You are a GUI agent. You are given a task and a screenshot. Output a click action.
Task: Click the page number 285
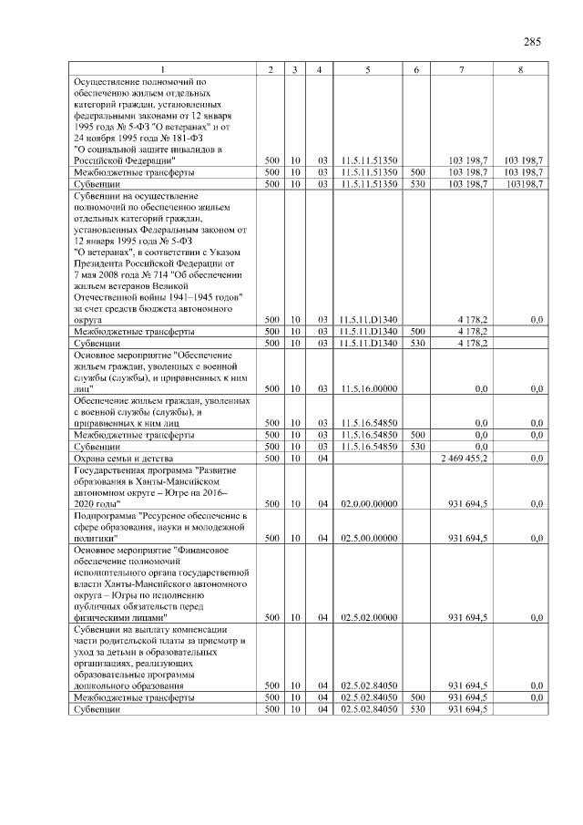click(x=533, y=41)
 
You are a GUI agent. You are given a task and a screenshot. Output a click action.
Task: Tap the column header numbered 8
click(x=519, y=70)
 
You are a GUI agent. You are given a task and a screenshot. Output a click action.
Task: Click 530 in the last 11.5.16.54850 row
click(x=414, y=447)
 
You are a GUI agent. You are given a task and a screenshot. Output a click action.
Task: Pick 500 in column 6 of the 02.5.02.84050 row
click(x=414, y=697)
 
